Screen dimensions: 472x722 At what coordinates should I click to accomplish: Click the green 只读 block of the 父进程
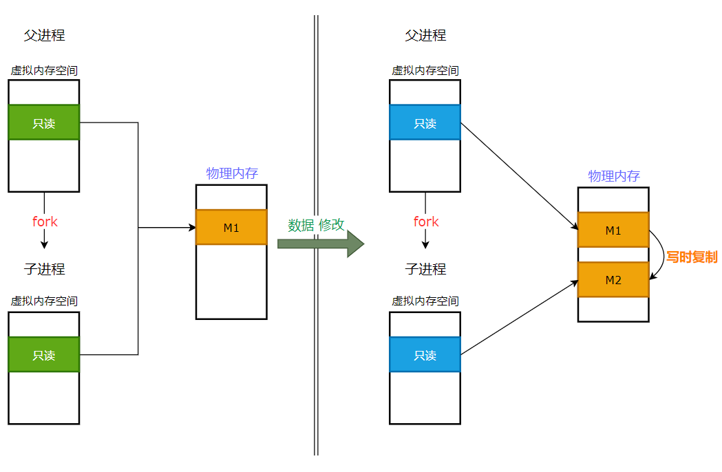[x=44, y=122]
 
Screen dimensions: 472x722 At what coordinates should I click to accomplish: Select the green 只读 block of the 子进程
[x=44, y=354]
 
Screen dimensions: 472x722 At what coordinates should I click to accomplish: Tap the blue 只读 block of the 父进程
[x=425, y=122]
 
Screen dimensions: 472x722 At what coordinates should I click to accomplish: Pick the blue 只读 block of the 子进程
[x=425, y=354]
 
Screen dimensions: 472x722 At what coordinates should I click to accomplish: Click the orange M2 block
[x=613, y=279]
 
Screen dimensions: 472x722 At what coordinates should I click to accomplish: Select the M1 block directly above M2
[x=613, y=230]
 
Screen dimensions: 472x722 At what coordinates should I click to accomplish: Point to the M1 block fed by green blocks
[x=231, y=227]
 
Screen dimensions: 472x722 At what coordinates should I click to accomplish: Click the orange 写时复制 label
[x=691, y=257]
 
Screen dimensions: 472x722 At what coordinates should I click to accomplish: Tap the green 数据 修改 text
[x=316, y=225]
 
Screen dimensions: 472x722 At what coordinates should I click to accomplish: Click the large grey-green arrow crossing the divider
[x=320, y=244]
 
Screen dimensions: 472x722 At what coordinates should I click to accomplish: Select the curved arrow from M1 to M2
[x=661, y=255]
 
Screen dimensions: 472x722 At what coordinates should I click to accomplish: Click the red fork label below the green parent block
[x=45, y=222]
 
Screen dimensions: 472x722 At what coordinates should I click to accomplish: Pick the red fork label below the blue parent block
[x=426, y=222]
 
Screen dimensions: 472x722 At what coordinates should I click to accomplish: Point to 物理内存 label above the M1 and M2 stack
[x=613, y=175]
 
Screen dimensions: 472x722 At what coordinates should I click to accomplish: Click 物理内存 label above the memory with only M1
[x=232, y=173]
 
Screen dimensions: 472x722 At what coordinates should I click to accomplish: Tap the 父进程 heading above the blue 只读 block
[x=425, y=36]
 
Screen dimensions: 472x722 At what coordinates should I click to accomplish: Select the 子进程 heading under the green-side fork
[x=44, y=269]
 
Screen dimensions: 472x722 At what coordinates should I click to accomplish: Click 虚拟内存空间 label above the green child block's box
[x=44, y=301]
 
